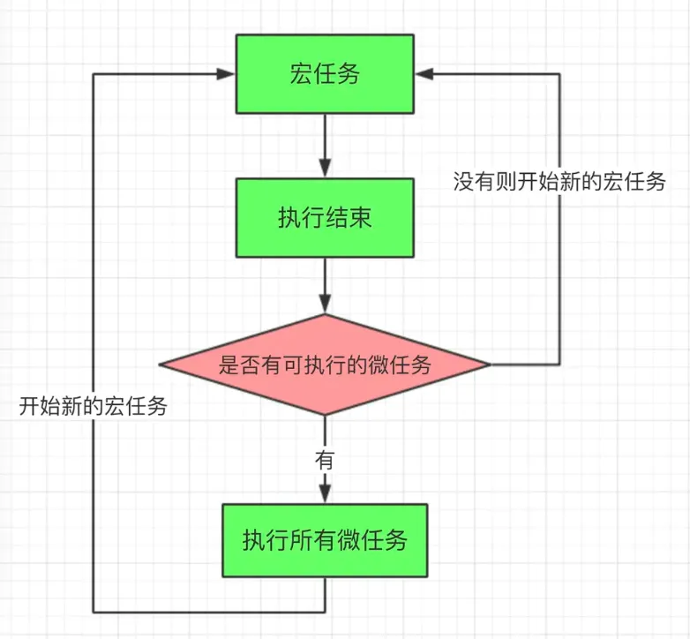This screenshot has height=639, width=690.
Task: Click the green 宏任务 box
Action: tap(325, 74)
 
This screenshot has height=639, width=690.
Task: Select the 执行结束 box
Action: tap(325, 217)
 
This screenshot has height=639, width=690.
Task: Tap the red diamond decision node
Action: tap(325, 365)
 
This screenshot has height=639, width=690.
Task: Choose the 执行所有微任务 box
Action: tap(325, 539)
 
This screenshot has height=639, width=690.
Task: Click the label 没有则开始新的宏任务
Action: tap(559, 183)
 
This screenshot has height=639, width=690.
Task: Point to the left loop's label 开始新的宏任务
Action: tap(93, 407)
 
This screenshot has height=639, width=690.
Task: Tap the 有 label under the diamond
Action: tap(325, 459)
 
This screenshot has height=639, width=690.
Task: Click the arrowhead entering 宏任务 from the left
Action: tap(228, 74)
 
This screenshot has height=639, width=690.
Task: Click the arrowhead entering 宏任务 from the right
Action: tap(424, 74)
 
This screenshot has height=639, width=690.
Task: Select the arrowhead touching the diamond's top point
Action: tap(325, 305)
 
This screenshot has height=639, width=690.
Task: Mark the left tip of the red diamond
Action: tap(161, 365)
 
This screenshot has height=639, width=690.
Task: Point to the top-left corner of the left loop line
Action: tap(93, 74)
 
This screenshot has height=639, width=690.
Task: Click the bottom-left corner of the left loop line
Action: tap(93, 611)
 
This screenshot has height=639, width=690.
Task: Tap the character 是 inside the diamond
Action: tap(229, 365)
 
